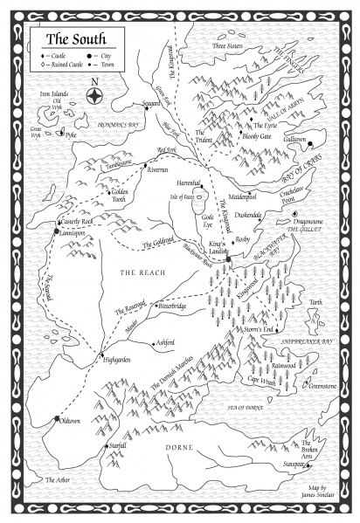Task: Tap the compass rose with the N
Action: (x=93, y=97)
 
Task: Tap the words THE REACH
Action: (x=140, y=273)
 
